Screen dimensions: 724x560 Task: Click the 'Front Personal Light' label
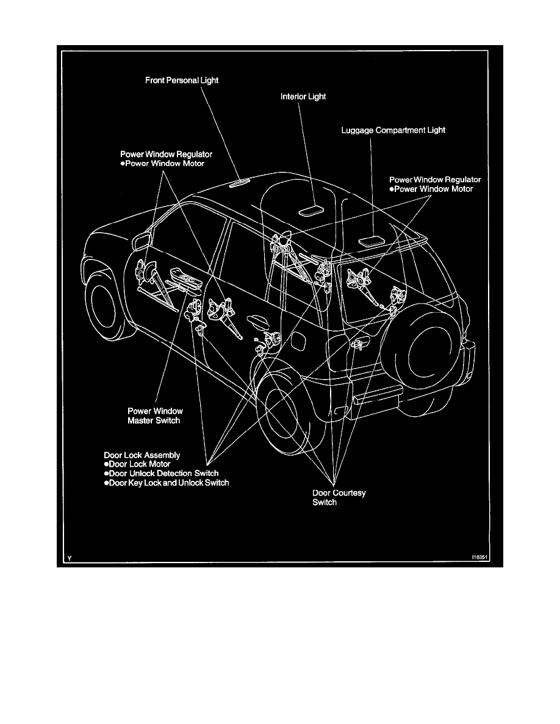(182, 80)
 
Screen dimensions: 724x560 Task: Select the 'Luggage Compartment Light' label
(393, 130)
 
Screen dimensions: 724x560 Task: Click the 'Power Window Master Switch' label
(155, 416)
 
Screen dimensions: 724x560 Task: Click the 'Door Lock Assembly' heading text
(142, 455)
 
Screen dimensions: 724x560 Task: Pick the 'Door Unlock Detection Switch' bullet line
(162, 474)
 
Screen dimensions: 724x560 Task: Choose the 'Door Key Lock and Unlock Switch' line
(166, 483)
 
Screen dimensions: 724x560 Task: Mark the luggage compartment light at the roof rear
(370, 240)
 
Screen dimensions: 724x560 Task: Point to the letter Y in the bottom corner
(70, 558)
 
